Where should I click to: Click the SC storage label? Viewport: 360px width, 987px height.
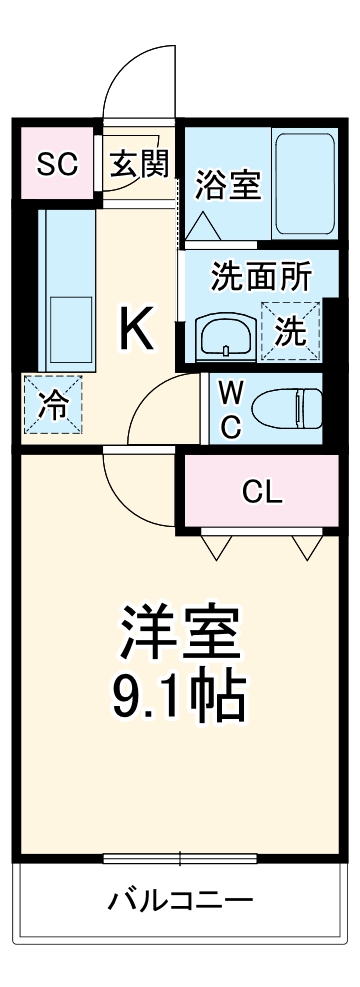(x=56, y=164)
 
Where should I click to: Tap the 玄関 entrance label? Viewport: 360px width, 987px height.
(x=140, y=163)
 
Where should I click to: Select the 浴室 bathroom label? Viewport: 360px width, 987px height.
(x=227, y=185)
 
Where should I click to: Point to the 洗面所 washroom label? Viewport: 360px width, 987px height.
(x=260, y=278)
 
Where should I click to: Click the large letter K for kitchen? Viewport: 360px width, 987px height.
(x=137, y=327)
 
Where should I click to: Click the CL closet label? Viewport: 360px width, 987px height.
(x=263, y=491)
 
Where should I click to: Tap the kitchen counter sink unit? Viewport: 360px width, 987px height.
(x=65, y=290)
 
